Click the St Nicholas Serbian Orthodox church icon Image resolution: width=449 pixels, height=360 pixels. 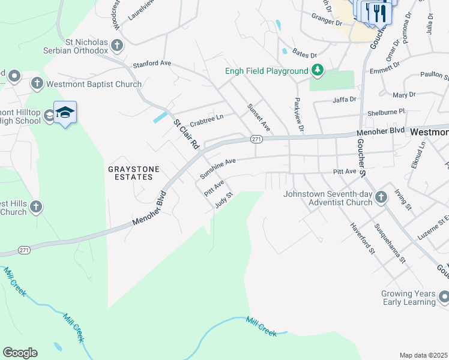click(x=117, y=44)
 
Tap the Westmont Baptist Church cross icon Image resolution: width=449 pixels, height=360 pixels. click(x=37, y=82)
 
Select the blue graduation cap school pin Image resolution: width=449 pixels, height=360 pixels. click(x=65, y=112)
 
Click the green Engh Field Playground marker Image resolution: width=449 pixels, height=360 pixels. click(x=317, y=71)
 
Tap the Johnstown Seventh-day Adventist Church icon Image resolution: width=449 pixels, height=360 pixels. click(x=381, y=197)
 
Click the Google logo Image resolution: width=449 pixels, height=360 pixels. click(x=20, y=353)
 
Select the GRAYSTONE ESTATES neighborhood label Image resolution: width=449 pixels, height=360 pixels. click(x=134, y=174)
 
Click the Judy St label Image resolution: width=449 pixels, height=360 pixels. click(x=223, y=200)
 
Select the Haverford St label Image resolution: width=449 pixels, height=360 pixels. click(x=363, y=239)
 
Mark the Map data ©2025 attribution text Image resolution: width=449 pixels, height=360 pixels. click(x=424, y=355)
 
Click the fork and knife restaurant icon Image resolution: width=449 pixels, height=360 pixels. click(x=377, y=13)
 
